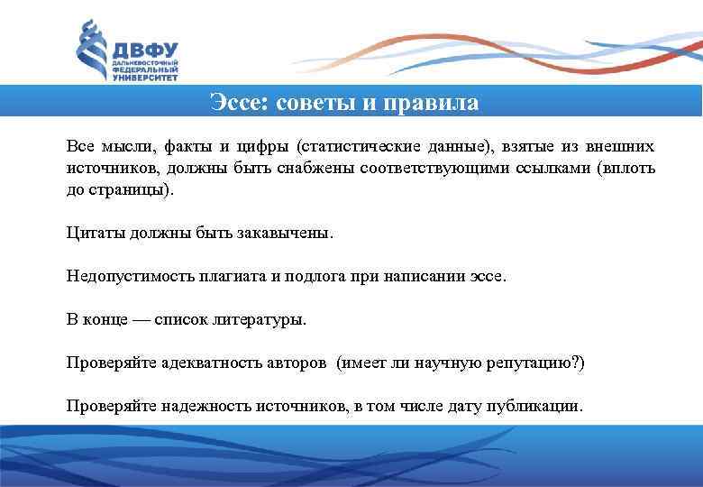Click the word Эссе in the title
236,101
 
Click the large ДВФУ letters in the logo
144,49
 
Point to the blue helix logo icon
87,50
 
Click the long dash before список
138,320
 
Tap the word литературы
257,320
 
